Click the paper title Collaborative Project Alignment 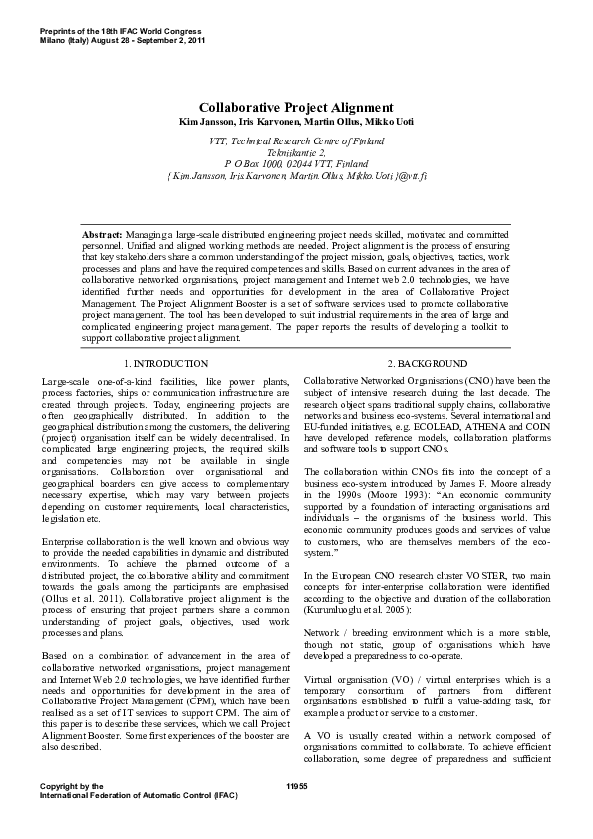(x=296, y=107)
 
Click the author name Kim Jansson (x=200, y=121)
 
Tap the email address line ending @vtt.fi (x=296, y=175)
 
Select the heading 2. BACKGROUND (x=426, y=364)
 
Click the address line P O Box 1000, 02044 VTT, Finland (x=296, y=164)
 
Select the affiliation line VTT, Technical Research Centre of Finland (x=296, y=142)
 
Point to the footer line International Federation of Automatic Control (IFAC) (x=140, y=797)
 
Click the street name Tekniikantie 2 (x=296, y=153)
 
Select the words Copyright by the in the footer (x=71, y=787)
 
